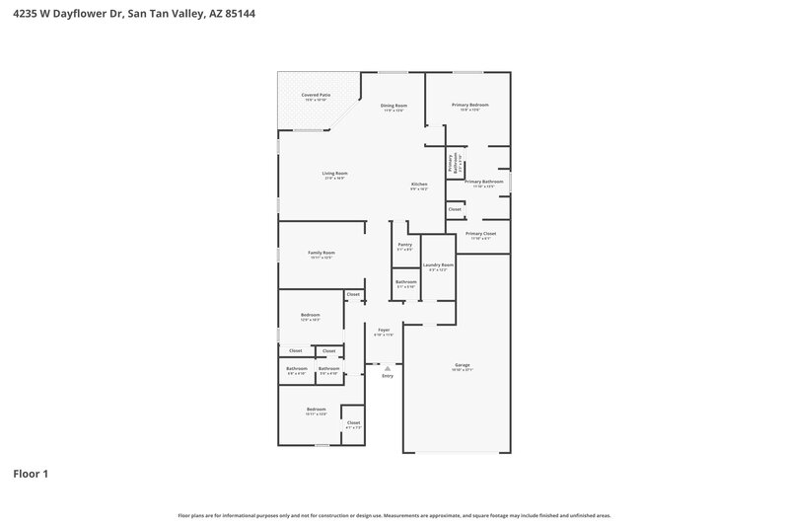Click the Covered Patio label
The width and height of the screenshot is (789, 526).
pyautogui.click(x=317, y=95)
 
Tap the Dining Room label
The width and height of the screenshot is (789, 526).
pyautogui.click(x=395, y=106)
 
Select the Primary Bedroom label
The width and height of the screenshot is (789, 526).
pyautogui.click(x=470, y=105)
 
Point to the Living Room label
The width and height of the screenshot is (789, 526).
pyautogui.click(x=335, y=174)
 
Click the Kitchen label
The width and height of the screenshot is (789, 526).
pyautogui.click(x=419, y=186)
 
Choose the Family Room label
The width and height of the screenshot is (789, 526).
pyautogui.click(x=322, y=253)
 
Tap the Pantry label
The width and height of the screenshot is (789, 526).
pyautogui.click(x=404, y=245)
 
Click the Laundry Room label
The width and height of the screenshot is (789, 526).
pyautogui.click(x=438, y=264)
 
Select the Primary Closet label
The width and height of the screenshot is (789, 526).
pyautogui.click(x=481, y=234)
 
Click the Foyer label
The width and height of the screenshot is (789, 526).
pyautogui.click(x=384, y=330)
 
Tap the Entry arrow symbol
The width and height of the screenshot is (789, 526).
pyautogui.click(x=388, y=368)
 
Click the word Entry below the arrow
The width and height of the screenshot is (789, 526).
pyautogui.click(x=388, y=376)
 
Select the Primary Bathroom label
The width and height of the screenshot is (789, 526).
pyautogui.click(x=484, y=182)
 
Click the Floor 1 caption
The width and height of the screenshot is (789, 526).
pyautogui.click(x=31, y=474)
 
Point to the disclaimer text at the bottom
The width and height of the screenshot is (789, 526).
pyautogui.click(x=394, y=515)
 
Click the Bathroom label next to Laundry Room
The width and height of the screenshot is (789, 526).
pyautogui.click(x=405, y=282)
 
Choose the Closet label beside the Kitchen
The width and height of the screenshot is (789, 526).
pyautogui.click(x=455, y=209)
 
